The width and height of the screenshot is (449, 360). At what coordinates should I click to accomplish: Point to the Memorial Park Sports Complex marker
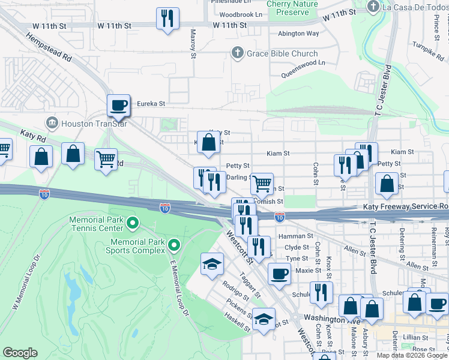pyautogui.click(x=174, y=245)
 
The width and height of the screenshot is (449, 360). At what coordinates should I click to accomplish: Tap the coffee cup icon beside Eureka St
pyautogui.click(x=118, y=106)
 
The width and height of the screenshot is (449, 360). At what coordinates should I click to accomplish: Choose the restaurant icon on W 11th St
pyautogui.click(x=167, y=18)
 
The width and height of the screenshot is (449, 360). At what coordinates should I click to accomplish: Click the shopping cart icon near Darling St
pyautogui.click(x=262, y=184)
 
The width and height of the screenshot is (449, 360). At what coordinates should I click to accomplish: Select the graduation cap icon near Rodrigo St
pyautogui.click(x=212, y=263)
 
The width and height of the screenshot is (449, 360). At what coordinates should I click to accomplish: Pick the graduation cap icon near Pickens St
pyautogui.click(x=263, y=319)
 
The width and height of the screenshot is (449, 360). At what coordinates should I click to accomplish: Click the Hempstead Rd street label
pyautogui.click(x=49, y=47)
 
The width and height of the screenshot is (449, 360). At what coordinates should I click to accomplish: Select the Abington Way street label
pyautogui.click(x=298, y=34)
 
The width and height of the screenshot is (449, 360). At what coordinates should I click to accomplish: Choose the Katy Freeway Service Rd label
pyautogui.click(x=406, y=206)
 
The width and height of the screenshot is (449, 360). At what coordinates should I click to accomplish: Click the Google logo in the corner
pyautogui.click(x=20, y=353)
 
